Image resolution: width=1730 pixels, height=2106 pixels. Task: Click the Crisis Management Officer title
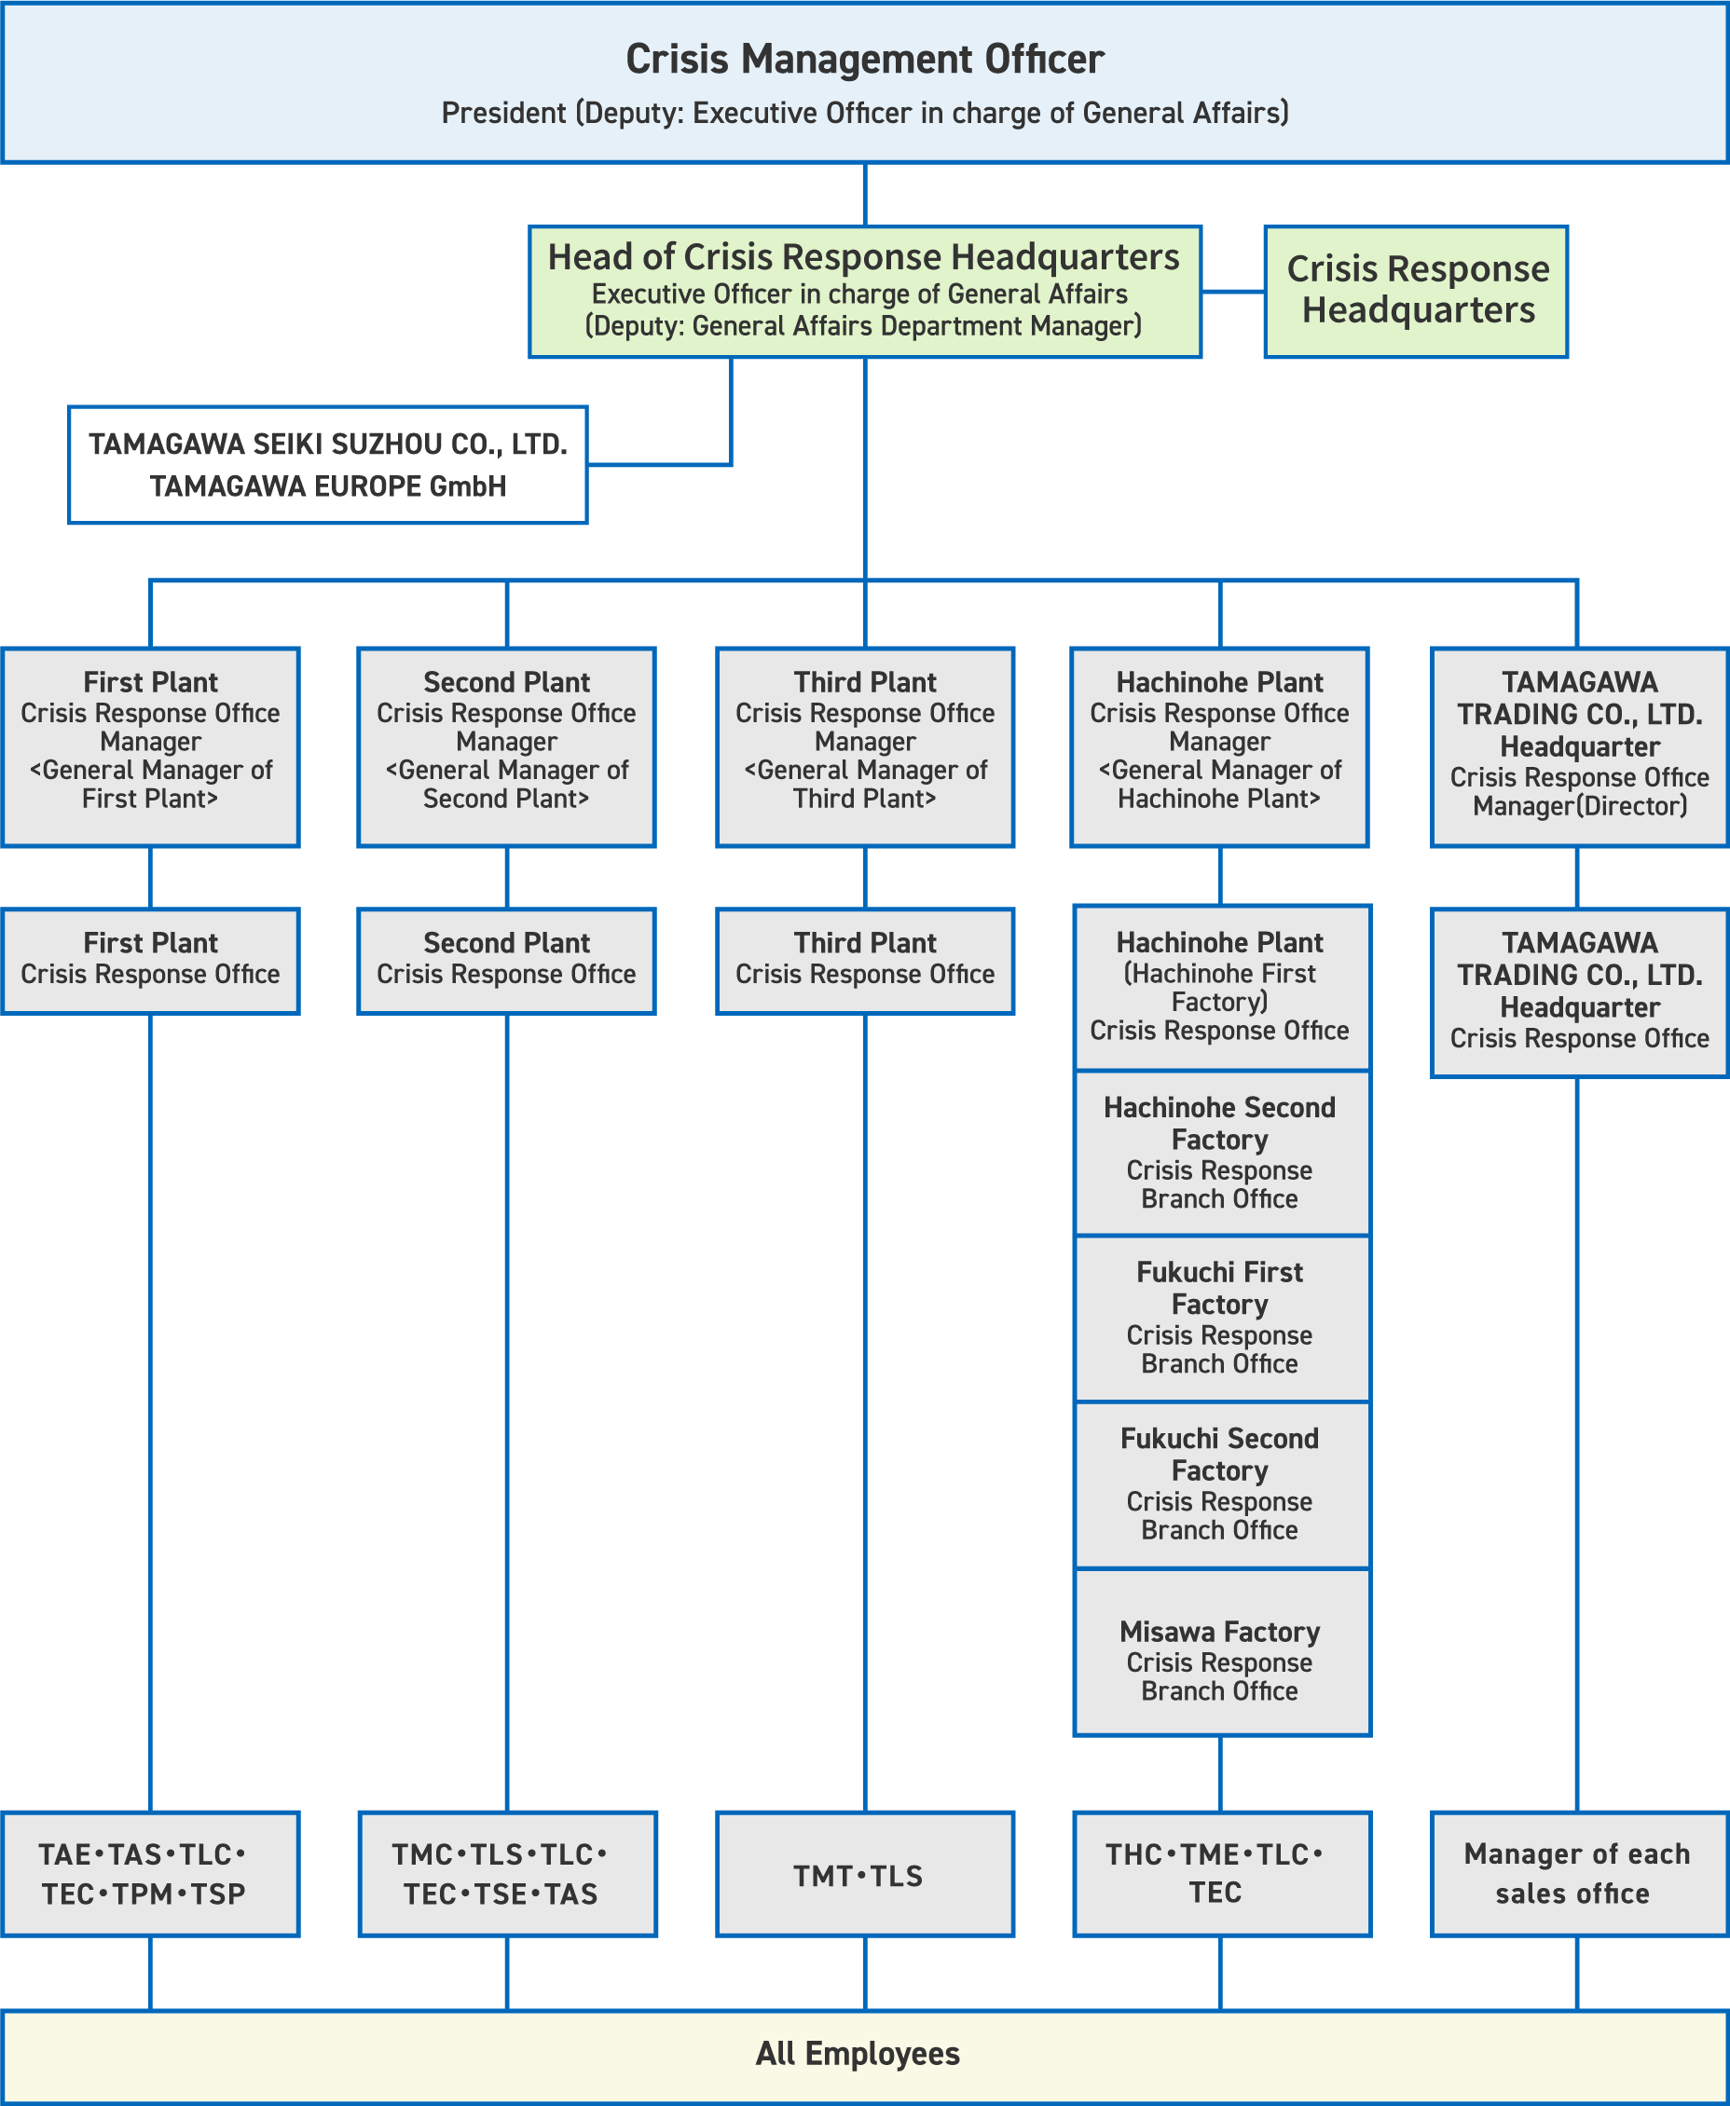[x=864, y=60]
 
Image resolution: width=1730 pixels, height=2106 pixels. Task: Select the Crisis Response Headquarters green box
[x=1416, y=291]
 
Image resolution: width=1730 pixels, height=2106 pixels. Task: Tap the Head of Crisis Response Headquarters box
[x=864, y=291]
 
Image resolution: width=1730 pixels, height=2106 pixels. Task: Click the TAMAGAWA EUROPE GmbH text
[x=328, y=486]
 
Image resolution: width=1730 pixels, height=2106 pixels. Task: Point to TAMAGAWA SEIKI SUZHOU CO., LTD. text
[x=328, y=444]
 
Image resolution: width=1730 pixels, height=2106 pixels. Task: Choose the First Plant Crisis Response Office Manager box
[x=150, y=746]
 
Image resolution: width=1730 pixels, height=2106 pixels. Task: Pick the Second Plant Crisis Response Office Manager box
[x=506, y=746]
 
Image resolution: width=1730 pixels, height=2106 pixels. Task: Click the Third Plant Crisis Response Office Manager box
[x=865, y=746]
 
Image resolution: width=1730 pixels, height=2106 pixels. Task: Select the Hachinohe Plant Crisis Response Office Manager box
[x=1219, y=746]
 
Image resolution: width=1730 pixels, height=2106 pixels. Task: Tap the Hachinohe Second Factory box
[x=1220, y=1153]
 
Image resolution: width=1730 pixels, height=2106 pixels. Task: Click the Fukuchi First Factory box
[x=1220, y=1317]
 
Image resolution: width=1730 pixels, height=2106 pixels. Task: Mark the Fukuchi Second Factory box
[x=1220, y=1484]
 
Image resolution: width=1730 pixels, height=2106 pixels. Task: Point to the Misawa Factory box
[x=1220, y=1660]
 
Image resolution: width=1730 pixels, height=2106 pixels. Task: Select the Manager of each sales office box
[x=1576, y=1874]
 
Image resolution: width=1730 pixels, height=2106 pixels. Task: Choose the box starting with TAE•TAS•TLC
[x=150, y=1874]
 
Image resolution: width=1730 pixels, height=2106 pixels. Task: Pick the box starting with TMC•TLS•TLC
[x=506, y=1874]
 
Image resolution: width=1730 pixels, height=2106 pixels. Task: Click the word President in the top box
[x=503, y=114]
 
